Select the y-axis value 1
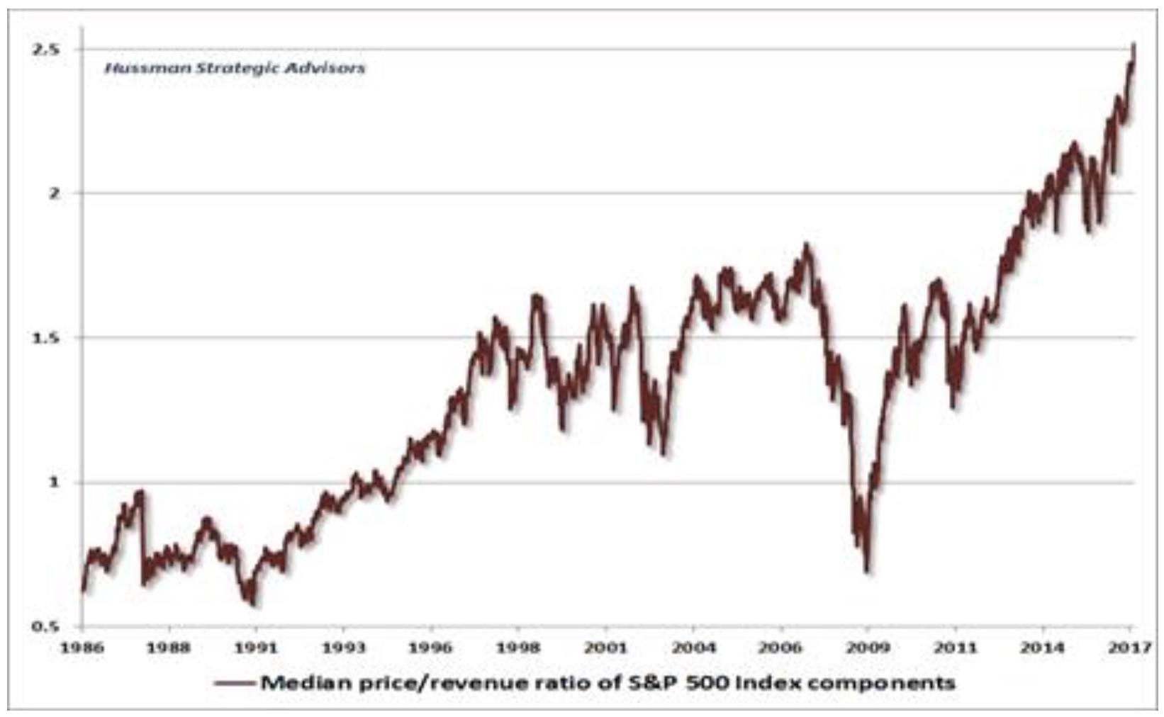click(52, 482)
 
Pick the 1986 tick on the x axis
click(84, 648)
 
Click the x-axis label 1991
click(257, 648)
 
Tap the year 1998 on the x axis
click(519, 648)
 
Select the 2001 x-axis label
click(607, 648)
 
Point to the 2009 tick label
click(869, 648)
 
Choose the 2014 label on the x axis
click(1043, 648)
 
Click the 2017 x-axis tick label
click(1129, 648)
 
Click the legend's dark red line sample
click(235, 684)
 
